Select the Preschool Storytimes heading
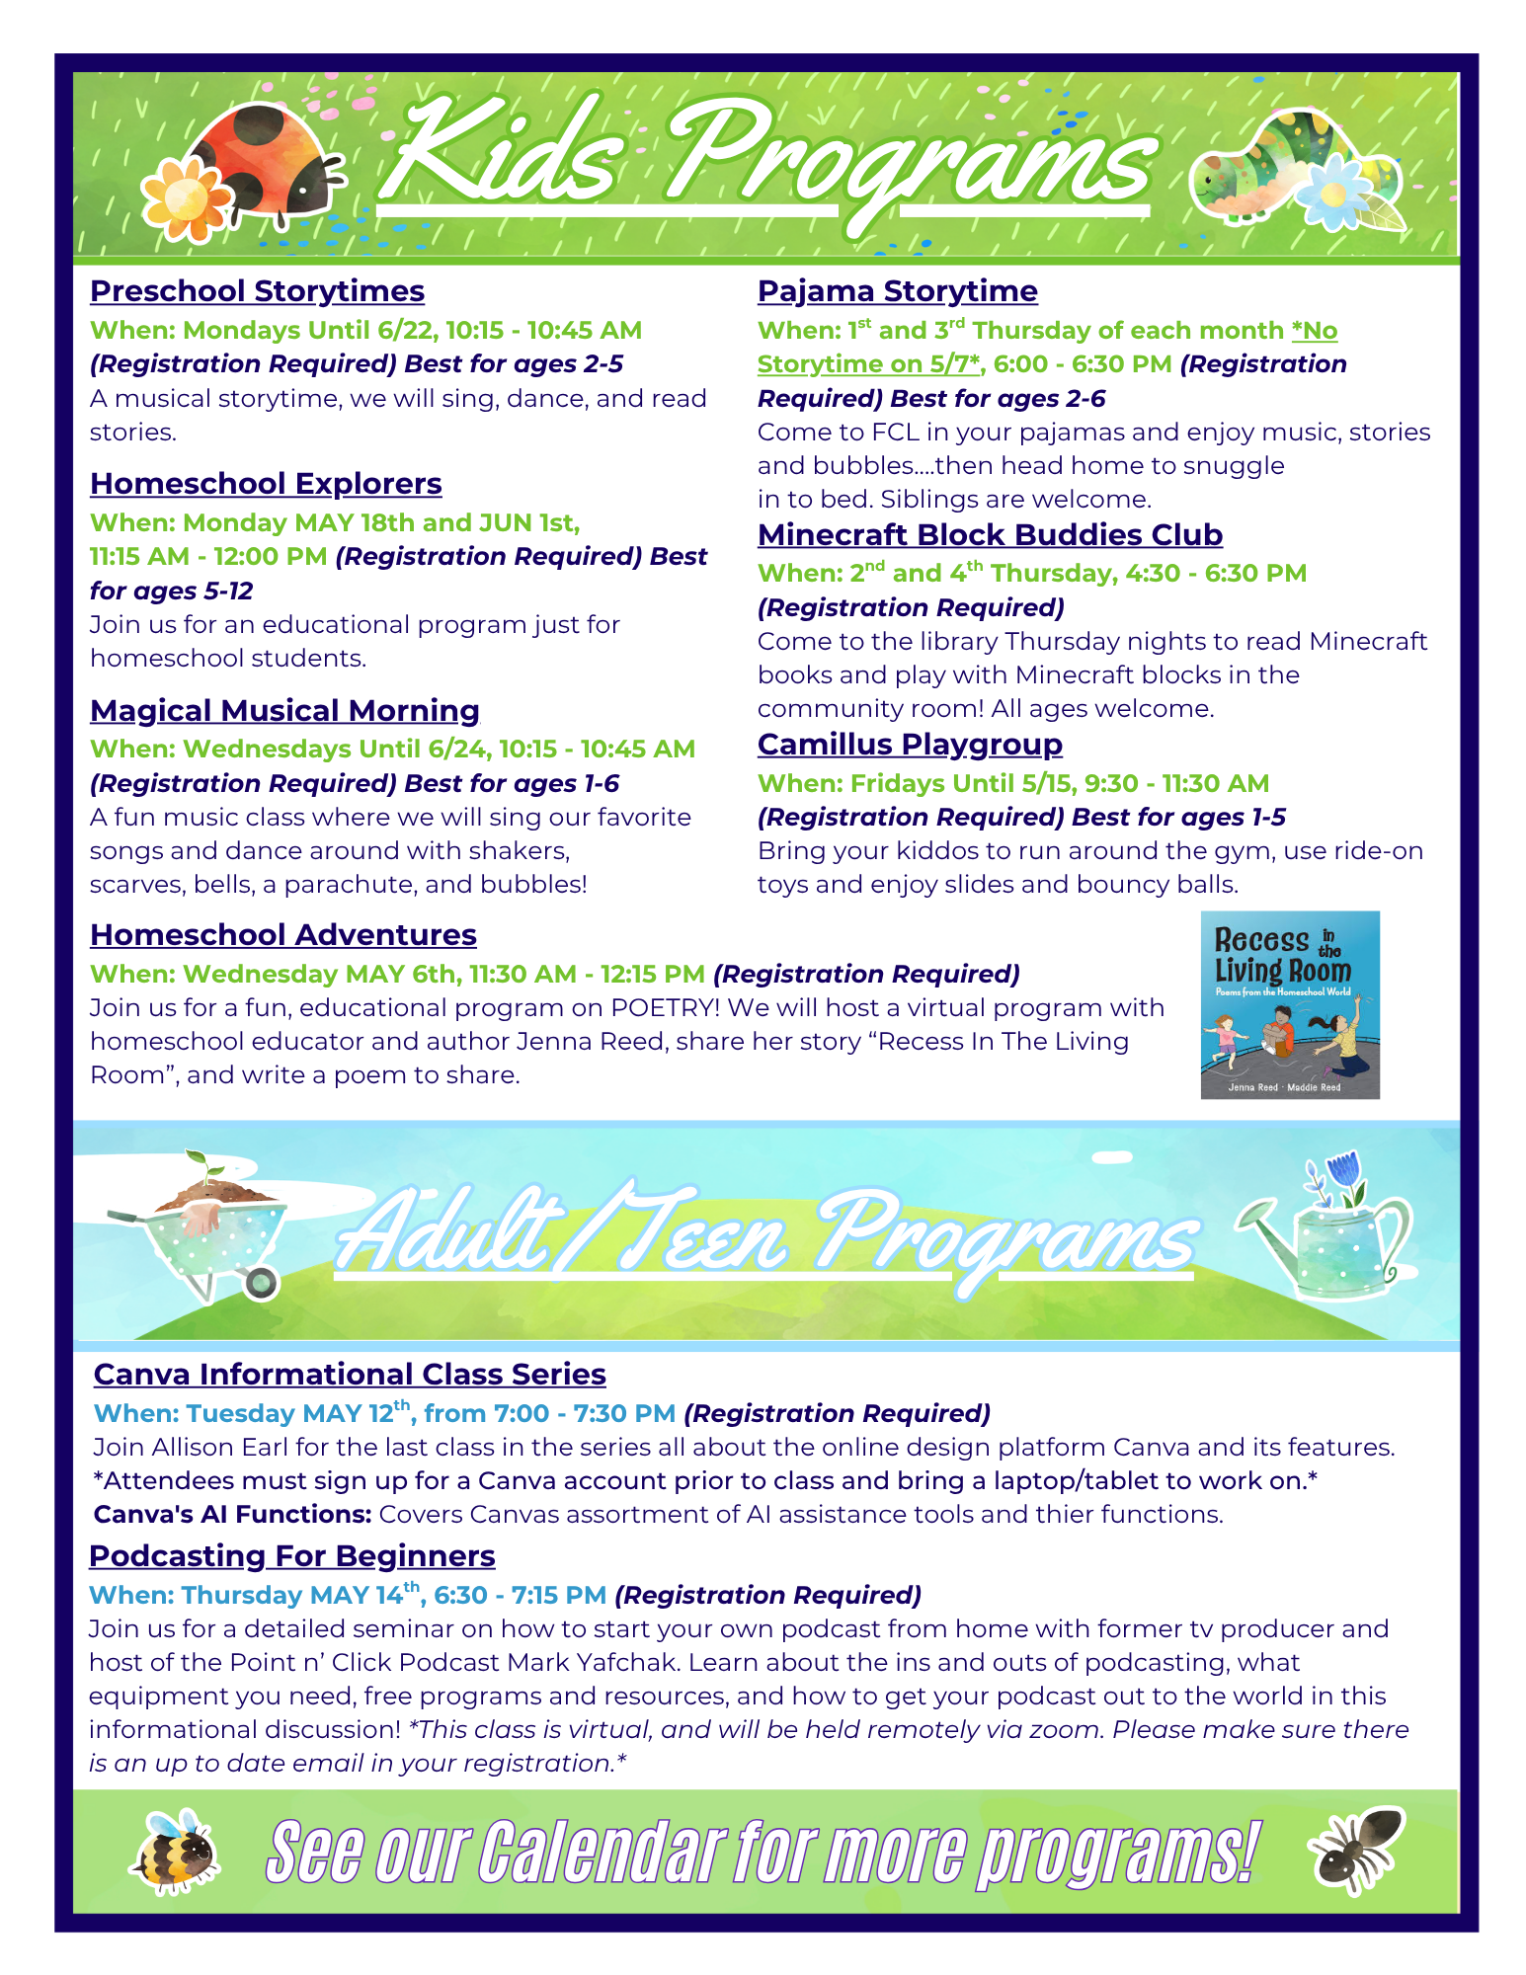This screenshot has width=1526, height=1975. point(257,291)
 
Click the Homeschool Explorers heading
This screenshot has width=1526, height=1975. point(266,484)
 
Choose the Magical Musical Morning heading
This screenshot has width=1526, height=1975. point(284,711)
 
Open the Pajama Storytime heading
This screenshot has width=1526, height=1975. point(897,291)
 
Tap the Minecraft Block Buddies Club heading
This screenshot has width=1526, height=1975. point(990,535)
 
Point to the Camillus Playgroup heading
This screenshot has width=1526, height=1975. point(910,745)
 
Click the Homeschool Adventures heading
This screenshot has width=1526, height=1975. point(282,935)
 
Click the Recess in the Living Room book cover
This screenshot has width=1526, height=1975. point(1290,1004)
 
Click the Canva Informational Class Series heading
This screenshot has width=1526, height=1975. point(350,1375)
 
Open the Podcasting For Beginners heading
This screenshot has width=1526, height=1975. point(291,1556)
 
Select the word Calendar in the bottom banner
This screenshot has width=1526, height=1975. point(602,1852)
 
